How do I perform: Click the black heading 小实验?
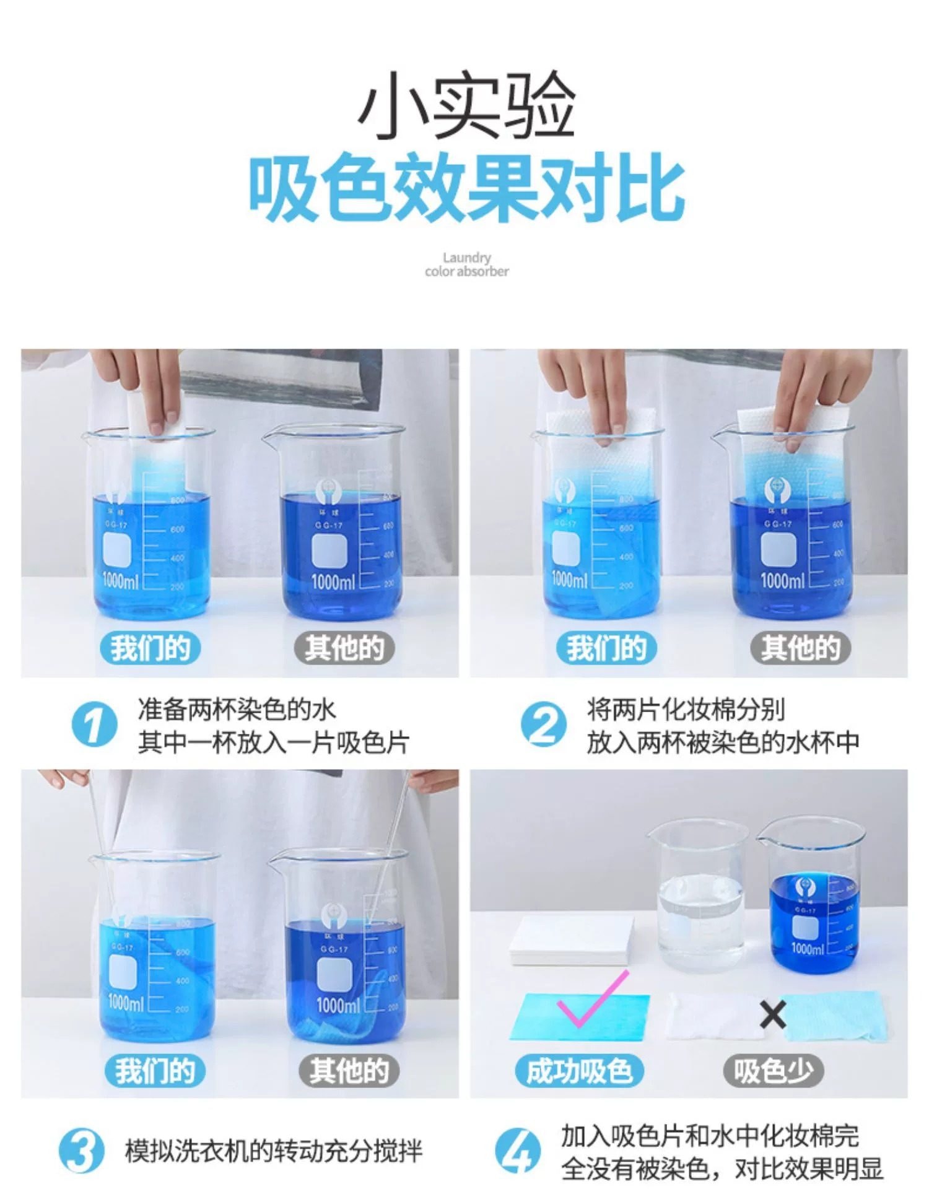pyautogui.click(x=466, y=107)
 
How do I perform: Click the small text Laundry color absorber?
pyautogui.click(x=466, y=264)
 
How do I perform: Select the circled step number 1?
pyautogui.click(x=94, y=724)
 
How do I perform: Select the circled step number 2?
pyautogui.click(x=543, y=724)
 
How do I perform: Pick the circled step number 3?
pyautogui.click(x=81, y=1151)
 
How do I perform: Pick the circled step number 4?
pyautogui.click(x=518, y=1151)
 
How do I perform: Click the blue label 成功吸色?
pyautogui.click(x=578, y=1071)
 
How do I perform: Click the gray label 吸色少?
pyautogui.click(x=773, y=1071)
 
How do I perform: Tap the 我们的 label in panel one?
pyautogui.click(x=150, y=648)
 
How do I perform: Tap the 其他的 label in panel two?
pyautogui.click(x=800, y=648)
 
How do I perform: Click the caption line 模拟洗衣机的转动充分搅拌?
pyautogui.click(x=273, y=1151)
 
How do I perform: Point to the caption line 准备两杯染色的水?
pyautogui.click(x=237, y=709)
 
